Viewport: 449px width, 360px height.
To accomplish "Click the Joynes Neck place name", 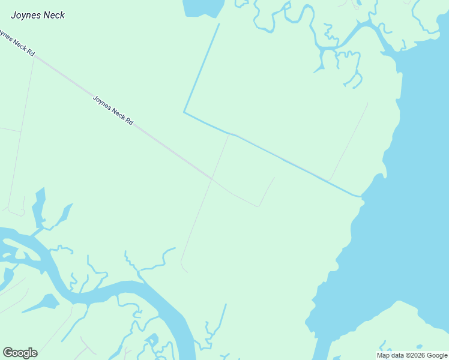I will tap(38, 15).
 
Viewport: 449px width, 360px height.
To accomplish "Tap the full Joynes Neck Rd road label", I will tap(113, 110).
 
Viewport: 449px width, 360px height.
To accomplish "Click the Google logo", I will tap(20, 353).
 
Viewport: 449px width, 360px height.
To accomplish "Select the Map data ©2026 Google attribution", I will tap(412, 355).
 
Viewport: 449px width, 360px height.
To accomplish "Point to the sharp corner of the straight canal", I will tap(184, 112).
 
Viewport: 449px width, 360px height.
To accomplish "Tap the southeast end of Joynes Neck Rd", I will tap(211, 178).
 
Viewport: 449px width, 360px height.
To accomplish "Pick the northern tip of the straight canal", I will tap(219, 24).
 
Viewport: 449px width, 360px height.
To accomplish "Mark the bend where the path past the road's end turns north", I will tap(258, 206).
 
